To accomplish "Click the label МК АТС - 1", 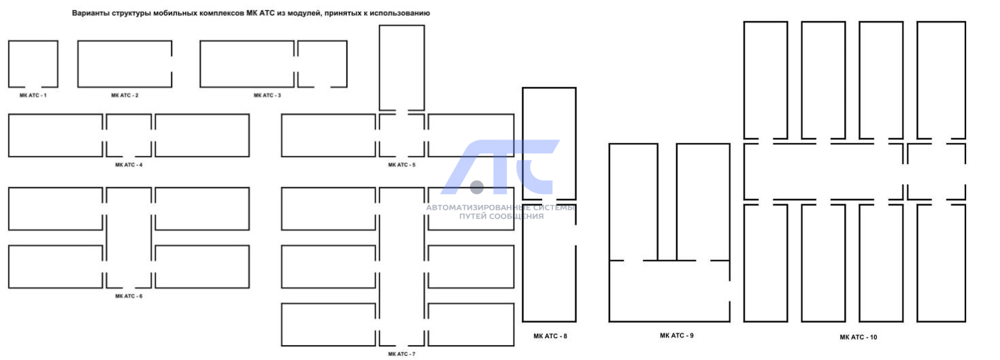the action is (33, 95).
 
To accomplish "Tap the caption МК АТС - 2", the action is (124, 95).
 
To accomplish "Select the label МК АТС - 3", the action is (267, 95).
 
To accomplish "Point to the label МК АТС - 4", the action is (129, 165).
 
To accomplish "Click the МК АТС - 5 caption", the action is (401, 165).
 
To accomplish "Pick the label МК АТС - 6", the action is (129, 296).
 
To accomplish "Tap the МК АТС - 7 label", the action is (401, 354).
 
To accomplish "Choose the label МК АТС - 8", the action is (550, 336).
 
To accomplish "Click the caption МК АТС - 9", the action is (677, 336).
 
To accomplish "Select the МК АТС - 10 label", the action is (858, 338).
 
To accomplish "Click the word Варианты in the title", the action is (90, 14).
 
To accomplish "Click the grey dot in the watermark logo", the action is (477, 187).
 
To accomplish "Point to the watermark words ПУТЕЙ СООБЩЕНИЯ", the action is (501, 216).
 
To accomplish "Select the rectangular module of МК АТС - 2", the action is (78, 64).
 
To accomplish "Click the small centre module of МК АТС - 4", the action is (129, 114).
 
